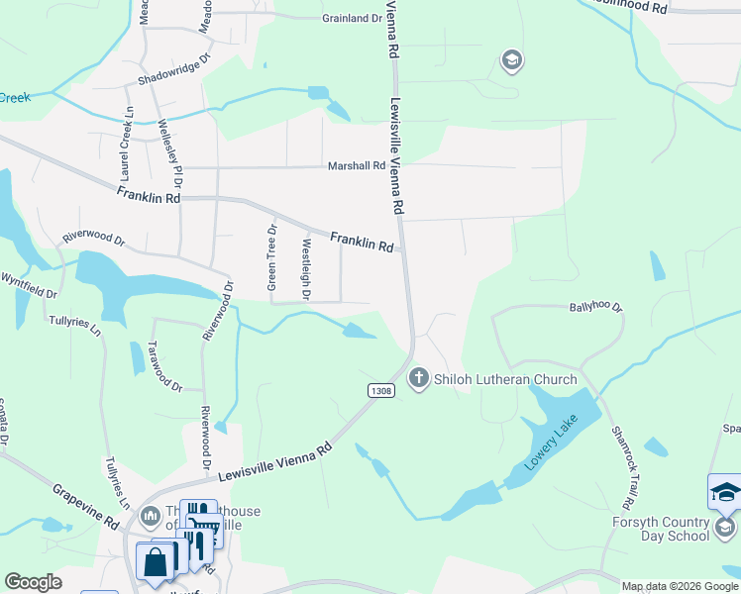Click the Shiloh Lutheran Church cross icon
click(418, 378)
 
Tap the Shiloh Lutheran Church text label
click(505, 379)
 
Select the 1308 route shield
click(381, 390)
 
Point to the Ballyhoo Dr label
click(595, 308)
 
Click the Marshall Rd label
click(356, 166)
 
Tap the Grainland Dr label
click(352, 18)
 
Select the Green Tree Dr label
click(271, 256)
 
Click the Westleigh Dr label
click(306, 269)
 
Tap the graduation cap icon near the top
click(511, 61)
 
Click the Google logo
click(34, 582)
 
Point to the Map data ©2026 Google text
click(679, 586)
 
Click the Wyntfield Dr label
click(29, 286)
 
